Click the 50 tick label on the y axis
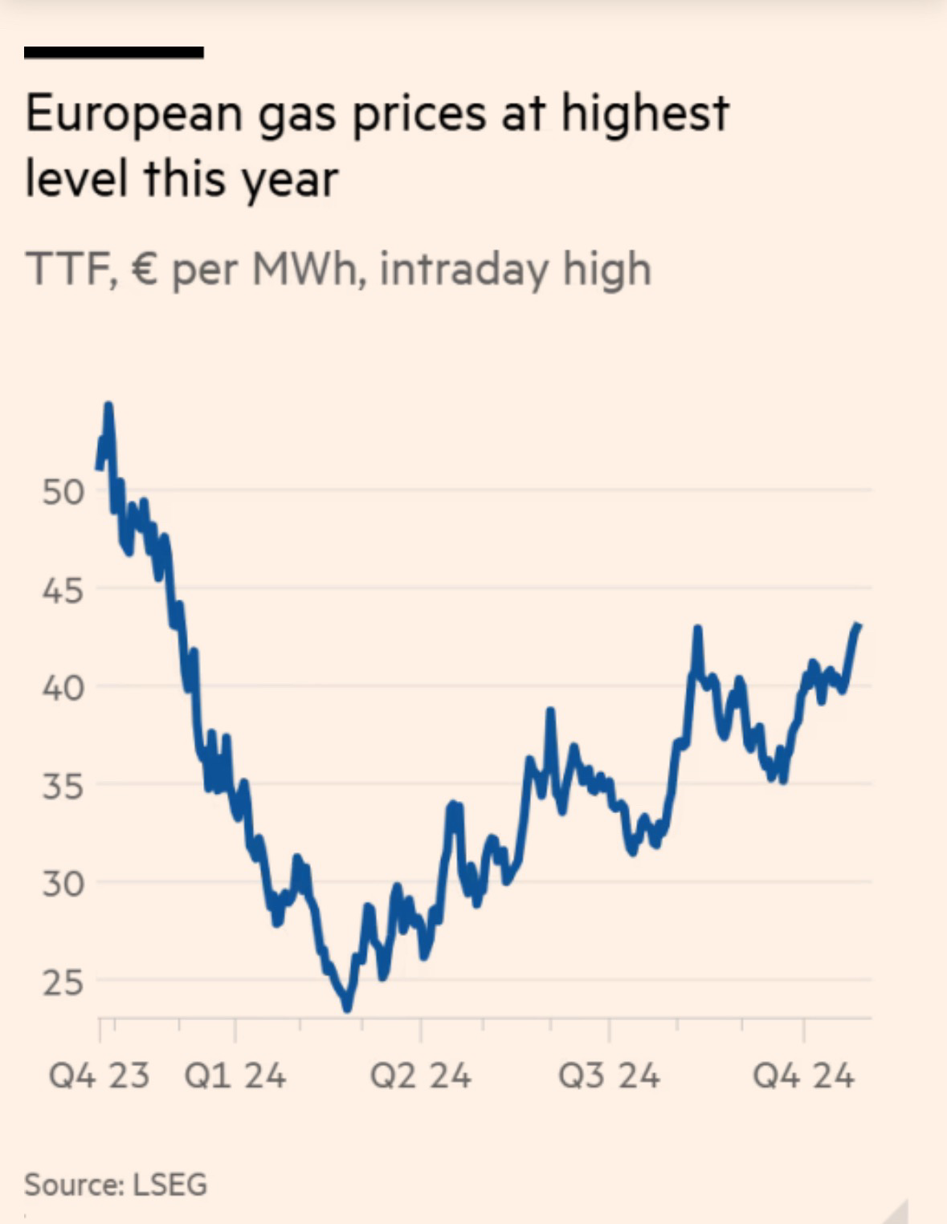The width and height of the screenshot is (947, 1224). [x=63, y=492]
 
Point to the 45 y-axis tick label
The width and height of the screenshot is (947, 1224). [x=63, y=591]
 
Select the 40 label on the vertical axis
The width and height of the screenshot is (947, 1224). [x=63, y=689]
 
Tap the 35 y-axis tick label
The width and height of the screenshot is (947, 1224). [x=63, y=787]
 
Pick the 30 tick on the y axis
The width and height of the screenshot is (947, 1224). [x=63, y=884]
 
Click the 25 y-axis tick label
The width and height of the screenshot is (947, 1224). [x=63, y=982]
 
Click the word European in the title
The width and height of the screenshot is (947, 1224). [x=133, y=114]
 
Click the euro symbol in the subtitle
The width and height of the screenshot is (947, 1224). [x=143, y=268]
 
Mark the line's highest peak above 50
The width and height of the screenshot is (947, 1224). [x=108, y=405]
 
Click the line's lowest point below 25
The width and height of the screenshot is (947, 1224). [x=347, y=1008]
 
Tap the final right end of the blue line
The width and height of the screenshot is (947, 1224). [x=859, y=626]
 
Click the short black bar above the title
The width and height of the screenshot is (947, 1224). [x=113, y=53]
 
